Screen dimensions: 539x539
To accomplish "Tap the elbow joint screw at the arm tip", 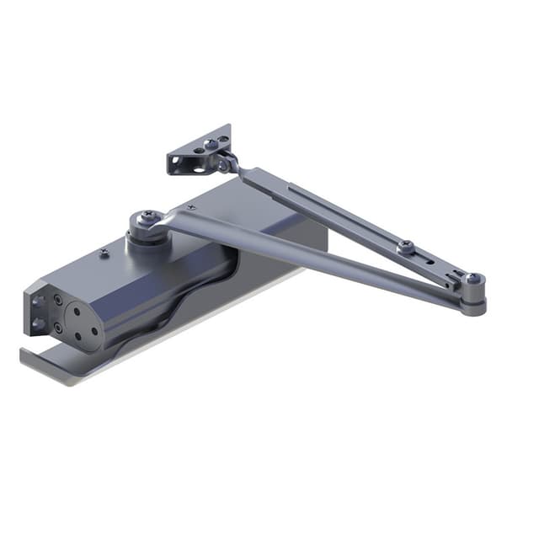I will (474, 279).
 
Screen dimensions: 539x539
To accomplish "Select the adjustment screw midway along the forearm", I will (406, 246).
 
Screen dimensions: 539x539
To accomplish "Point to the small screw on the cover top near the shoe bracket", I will (196, 205).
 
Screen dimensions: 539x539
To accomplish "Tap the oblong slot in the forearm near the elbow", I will (431, 263).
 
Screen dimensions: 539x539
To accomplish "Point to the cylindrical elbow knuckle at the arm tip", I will (473, 299).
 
